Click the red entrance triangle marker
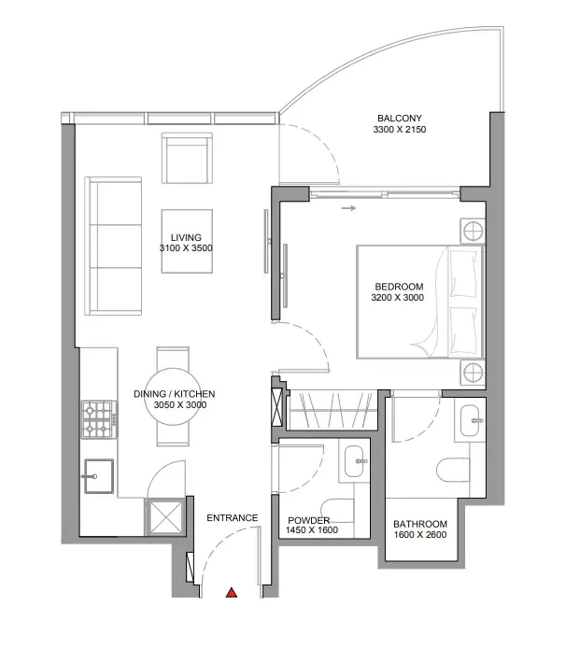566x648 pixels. [x=232, y=593]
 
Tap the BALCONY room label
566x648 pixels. [x=400, y=119]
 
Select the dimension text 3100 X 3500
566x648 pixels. [x=186, y=248]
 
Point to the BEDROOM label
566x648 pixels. [x=399, y=287]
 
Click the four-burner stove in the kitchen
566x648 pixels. [x=100, y=419]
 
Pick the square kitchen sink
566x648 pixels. [x=99, y=476]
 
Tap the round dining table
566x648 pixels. [x=173, y=397]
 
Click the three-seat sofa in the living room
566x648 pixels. [x=113, y=246]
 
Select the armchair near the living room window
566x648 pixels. [x=187, y=159]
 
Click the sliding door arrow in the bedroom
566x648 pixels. [x=348, y=208]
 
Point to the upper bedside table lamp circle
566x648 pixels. [x=473, y=231]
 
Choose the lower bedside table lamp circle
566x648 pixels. [x=473, y=373]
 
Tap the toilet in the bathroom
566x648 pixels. [x=453, y=470]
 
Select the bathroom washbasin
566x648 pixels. [x=470, y=421]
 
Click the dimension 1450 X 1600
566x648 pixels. [x=312, y=529]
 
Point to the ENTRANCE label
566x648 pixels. [x=233, y=518]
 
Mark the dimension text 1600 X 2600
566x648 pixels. [x=420, y=534]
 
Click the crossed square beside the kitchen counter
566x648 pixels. [x=165, y=517]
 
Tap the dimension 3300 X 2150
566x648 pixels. [x=400, y=130]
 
